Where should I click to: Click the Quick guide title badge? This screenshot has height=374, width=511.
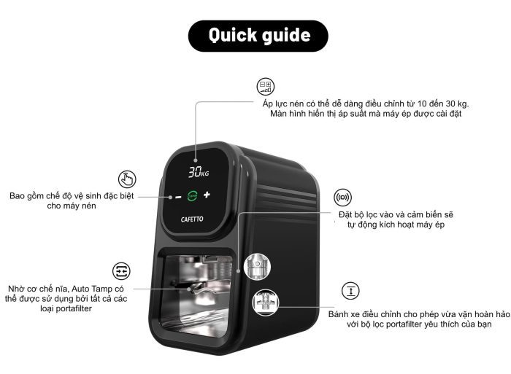258,36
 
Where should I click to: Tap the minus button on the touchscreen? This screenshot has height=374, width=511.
178,197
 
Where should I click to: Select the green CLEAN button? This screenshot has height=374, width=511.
192,195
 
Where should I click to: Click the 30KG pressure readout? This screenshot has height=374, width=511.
199,172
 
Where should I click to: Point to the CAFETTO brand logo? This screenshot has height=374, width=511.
192,219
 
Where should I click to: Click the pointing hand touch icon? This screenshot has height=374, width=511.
127,179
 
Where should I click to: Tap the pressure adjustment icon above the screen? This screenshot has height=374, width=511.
266,87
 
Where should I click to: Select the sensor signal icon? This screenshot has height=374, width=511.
342,198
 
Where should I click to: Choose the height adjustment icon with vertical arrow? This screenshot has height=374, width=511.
350,291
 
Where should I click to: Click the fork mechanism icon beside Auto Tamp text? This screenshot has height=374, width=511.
121,270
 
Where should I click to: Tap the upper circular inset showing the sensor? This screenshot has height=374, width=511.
257,267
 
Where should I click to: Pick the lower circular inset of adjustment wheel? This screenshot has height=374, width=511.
266,302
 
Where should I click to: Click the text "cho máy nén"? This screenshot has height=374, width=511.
72,206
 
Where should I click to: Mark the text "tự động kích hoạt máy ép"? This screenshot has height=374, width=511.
396,225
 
